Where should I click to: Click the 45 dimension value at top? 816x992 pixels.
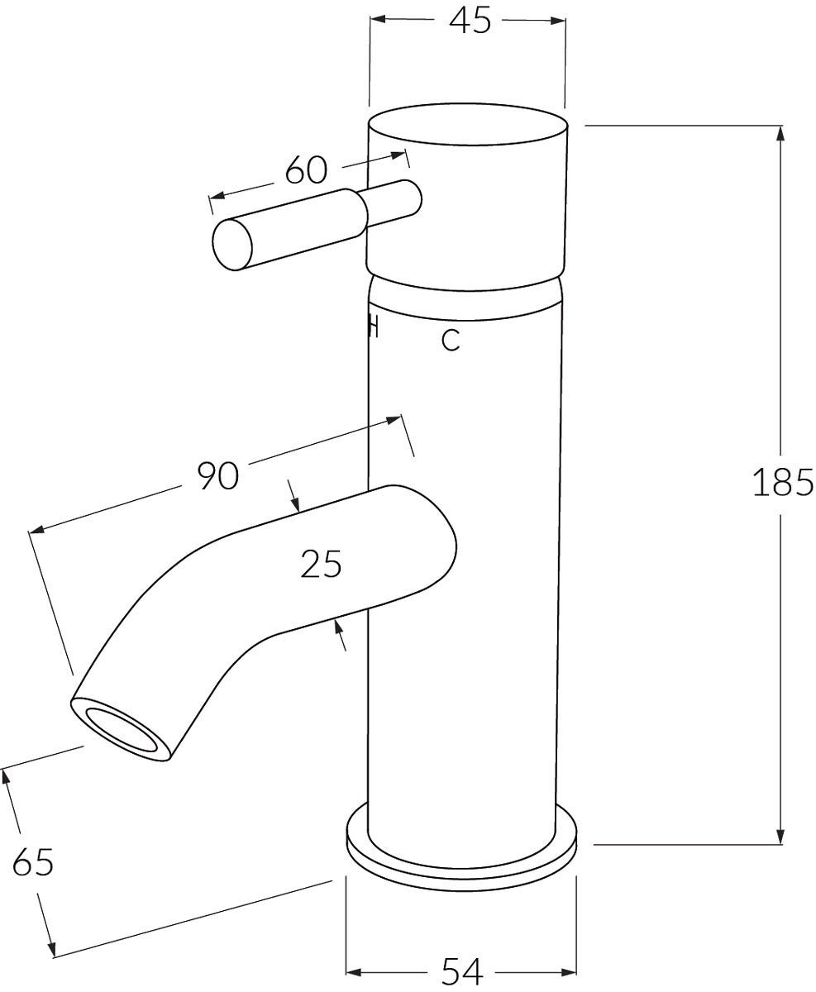click(470, 21)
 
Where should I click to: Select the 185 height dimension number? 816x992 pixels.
click(783, 483)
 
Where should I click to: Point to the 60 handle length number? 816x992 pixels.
click(306, 170)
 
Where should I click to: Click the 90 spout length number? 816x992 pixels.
click(217, 476)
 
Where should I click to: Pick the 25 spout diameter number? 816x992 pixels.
click(321, 565)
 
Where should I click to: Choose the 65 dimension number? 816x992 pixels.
click(33, 863)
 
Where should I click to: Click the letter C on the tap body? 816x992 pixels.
click(451, 340)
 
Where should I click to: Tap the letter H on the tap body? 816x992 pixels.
click(373, 327)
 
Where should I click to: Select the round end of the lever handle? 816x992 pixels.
click(233, 243)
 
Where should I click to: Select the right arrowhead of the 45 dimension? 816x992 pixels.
click(558, 19)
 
